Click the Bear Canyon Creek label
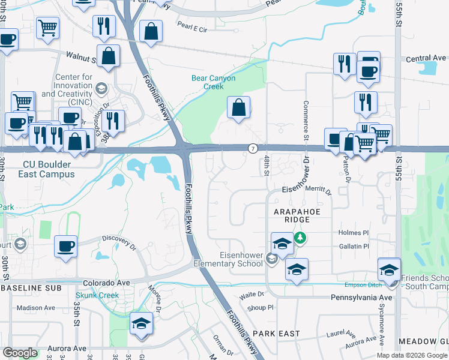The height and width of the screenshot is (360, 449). click(x=213, y=82)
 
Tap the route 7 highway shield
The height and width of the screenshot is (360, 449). click(x=253, y=148)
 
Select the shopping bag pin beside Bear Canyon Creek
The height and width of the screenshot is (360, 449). click(x=239, y=109)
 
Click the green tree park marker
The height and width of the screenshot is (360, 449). click(x=300, y=238)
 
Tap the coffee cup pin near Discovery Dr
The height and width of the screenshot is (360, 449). click(x=65, y=246)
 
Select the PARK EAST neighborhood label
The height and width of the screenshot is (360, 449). click(x=276, y=333)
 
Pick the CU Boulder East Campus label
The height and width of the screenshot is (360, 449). click(x=49, y=169)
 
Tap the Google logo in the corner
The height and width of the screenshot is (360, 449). click(x=20, y=353)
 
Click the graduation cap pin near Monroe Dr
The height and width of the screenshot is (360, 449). click(x=142, y=323)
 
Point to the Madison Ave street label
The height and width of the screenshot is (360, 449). click(x=35, y=308)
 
